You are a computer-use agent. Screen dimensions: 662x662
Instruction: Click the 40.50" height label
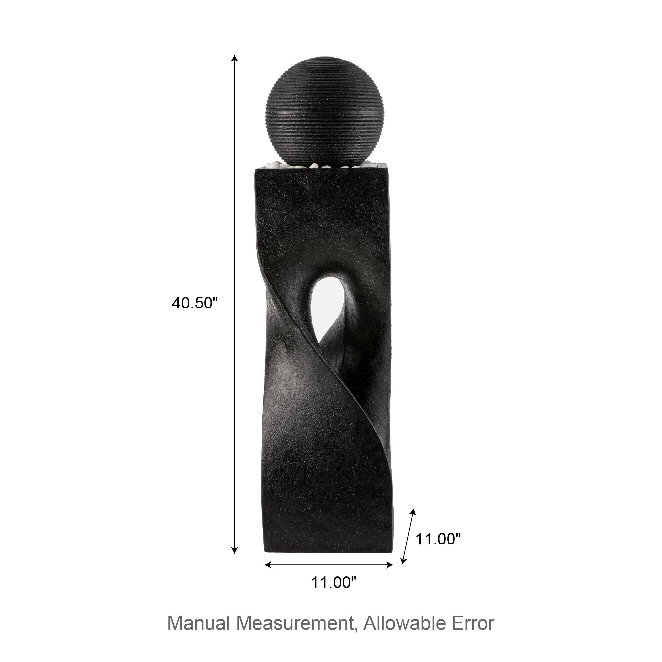195,303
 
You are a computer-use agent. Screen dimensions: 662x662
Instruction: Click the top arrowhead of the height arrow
234,58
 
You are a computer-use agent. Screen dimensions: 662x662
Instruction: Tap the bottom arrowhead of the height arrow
234,550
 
